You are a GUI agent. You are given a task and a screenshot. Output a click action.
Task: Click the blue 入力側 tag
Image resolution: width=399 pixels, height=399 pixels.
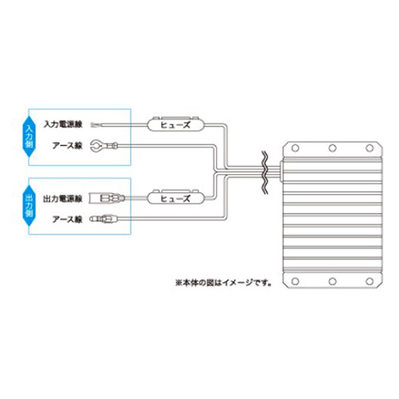29,136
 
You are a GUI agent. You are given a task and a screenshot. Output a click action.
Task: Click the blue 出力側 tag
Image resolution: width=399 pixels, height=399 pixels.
29,206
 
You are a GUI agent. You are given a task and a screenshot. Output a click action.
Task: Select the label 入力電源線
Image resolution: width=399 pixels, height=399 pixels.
63,124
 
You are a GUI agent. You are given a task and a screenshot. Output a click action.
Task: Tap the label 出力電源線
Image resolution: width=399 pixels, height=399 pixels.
63,199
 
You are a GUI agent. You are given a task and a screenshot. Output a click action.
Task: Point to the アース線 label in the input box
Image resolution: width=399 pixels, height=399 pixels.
67,145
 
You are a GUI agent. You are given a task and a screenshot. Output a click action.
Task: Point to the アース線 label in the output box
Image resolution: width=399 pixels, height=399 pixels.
67,219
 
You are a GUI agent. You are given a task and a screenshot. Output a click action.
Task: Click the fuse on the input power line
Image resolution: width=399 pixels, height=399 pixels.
176,124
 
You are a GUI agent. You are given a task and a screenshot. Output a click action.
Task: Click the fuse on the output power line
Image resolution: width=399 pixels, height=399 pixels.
176,198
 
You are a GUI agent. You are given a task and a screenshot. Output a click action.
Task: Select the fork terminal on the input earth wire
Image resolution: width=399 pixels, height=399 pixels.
104,145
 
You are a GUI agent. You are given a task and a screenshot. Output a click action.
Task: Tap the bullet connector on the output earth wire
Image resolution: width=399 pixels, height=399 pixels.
103,219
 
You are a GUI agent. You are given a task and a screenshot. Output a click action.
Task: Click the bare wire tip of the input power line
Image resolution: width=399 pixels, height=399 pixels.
95,124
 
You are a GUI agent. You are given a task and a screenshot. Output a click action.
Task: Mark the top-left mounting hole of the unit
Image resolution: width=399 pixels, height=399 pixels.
295,148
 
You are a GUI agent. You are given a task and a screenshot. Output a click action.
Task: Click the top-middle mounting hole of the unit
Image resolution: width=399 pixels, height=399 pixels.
333,148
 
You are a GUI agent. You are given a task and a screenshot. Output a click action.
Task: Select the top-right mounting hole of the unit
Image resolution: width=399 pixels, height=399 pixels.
369,148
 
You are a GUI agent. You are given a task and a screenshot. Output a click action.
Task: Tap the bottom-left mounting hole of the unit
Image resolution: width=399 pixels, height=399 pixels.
295,281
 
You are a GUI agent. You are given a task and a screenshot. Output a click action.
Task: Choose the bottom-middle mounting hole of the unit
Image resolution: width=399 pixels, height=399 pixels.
333,281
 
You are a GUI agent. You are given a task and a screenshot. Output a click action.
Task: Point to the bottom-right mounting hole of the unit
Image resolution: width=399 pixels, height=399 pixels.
369,281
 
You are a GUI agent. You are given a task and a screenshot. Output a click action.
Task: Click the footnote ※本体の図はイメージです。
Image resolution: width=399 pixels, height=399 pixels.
223,282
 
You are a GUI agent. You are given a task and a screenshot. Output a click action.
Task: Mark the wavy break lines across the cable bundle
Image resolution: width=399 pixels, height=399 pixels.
265,173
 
